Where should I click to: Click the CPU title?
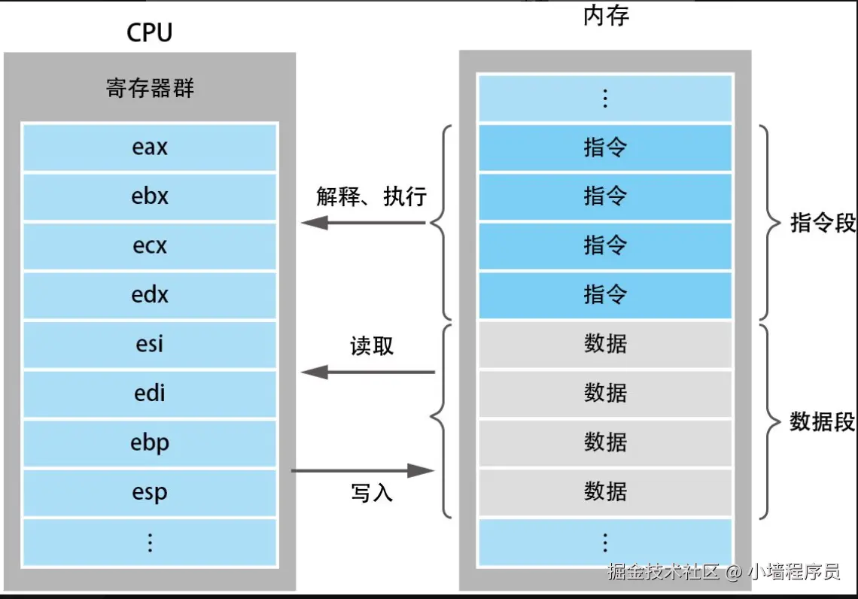pos(150,32)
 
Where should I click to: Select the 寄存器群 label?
pos(150,89)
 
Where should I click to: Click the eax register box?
pos(150,147)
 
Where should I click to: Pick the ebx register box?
pos(150,196)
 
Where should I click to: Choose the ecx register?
pos(150,246)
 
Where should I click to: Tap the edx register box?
pos(150,295)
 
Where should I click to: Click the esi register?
pos(150,345)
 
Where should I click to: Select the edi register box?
pos(150,394)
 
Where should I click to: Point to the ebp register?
pos(150,443)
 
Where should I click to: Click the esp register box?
pos(150,492)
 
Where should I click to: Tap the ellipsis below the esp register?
pos(150,542)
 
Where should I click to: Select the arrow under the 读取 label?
pos(368,372)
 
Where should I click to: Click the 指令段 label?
pos(823,223)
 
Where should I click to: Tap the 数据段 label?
pos(823,421)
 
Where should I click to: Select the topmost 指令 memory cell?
pos(605,147)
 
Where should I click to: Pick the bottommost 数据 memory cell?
pos(605,492)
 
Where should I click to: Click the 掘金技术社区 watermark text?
pos(663,572)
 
